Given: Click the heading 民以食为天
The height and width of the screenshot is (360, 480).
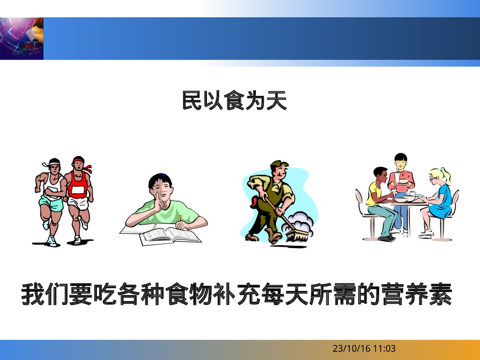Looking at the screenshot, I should click(x=234, y=101).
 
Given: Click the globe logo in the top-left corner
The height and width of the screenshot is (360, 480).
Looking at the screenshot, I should click(x=22, y=38).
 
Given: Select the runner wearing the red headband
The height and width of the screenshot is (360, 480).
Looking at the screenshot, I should click(x=78, y=192).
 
